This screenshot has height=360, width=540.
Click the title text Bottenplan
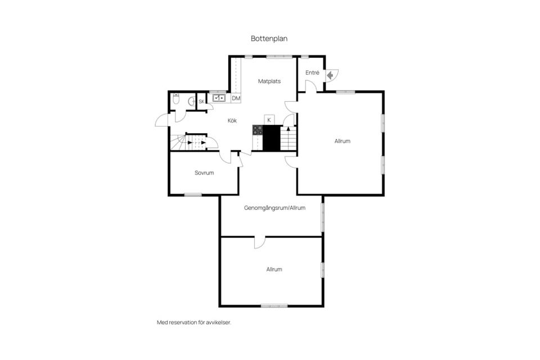[269, 39]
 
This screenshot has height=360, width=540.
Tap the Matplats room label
[269, 82]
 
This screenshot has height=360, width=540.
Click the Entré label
[312, 73]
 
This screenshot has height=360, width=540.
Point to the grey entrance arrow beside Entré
[330, 75]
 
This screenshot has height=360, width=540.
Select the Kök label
[232, 120]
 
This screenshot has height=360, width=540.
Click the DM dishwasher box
[236, 98]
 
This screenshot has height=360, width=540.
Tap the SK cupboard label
[201, 102]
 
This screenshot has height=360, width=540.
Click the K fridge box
[269, 120]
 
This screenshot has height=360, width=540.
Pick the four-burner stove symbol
[258, 130]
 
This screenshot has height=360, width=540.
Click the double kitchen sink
[219, 98]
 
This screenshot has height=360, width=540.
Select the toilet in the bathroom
[176, 99]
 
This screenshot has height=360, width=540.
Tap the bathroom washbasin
[191, 101]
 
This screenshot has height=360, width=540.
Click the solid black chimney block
[271, 138]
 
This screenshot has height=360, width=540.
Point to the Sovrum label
[204, 173]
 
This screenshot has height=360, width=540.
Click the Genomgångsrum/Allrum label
[275, 208]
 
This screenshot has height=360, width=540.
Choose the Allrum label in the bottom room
[274, 269]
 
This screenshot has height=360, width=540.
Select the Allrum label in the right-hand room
[343, 141]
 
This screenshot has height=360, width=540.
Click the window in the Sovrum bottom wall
[193, 195]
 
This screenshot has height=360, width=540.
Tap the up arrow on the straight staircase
[288, 129]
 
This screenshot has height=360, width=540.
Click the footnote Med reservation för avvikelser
[194, 323]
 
